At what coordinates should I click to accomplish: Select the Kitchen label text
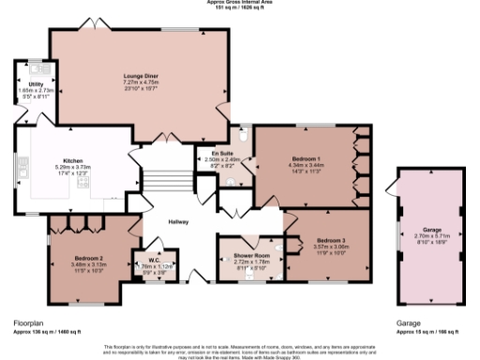point(74,160)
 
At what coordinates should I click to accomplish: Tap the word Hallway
point(179,221)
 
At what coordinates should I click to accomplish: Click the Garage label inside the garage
point(432,229)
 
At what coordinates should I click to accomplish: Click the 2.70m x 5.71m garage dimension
point(432,235)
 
